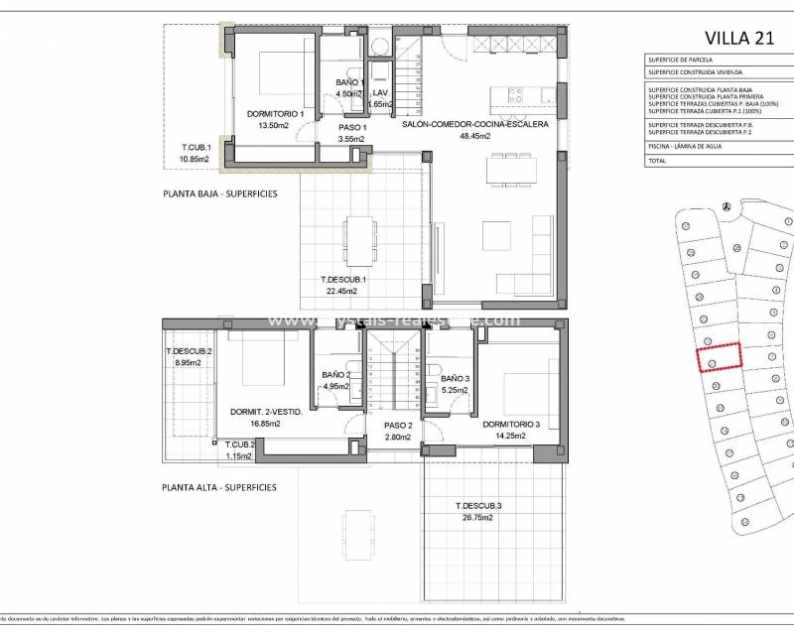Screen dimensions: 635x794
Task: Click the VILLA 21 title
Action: coord(737,38)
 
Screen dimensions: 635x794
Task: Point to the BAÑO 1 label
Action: coord(350,82)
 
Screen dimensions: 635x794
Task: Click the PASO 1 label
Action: coord(352,128)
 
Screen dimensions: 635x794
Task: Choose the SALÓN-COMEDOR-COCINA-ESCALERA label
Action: coord(474,125)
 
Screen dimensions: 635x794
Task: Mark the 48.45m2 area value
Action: coord(474,137)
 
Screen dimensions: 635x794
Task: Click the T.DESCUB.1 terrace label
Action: coord(343,280)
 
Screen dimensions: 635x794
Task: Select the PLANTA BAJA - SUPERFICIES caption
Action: coord(219,193)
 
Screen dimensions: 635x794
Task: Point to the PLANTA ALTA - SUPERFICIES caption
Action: coord(219,487)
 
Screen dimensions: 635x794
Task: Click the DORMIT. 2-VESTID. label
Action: coord(267,412)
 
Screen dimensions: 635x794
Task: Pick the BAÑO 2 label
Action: coord(336,375)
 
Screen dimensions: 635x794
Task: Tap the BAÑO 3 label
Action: coord(456,379)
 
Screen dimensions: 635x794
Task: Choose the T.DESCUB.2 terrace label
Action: coord(189,352)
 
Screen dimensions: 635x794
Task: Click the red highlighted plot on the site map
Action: coord(720,358)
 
